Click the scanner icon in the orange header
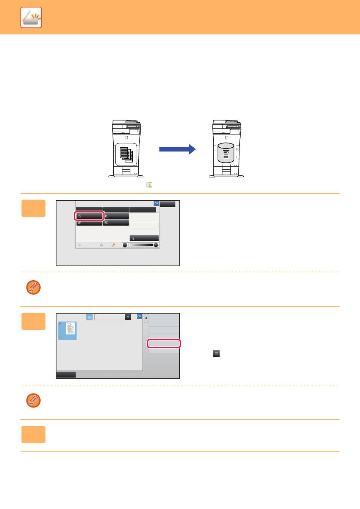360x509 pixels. (x=31, y=17)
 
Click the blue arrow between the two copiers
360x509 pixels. (x=177, y=149)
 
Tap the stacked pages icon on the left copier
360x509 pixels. (x=126, y=154)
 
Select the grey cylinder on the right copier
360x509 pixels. (x=226, y=153)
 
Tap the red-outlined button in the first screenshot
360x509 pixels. (x=89, y=216)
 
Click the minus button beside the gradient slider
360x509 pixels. (x=125, y=245)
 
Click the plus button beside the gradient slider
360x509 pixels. (x=156, y=245)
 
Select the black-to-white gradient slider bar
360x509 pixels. (x=140, y=245)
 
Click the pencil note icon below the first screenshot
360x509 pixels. (x=33, y=287)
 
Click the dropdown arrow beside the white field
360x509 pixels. (x=128, y=317)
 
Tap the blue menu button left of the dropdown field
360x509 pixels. (x=89, y=317)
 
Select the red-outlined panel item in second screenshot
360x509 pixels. (x=164, y=343)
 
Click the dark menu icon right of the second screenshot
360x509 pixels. (x=216, y=354)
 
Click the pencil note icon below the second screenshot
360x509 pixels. (x=33, y=400)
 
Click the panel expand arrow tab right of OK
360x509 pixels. (x=146, y=318)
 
